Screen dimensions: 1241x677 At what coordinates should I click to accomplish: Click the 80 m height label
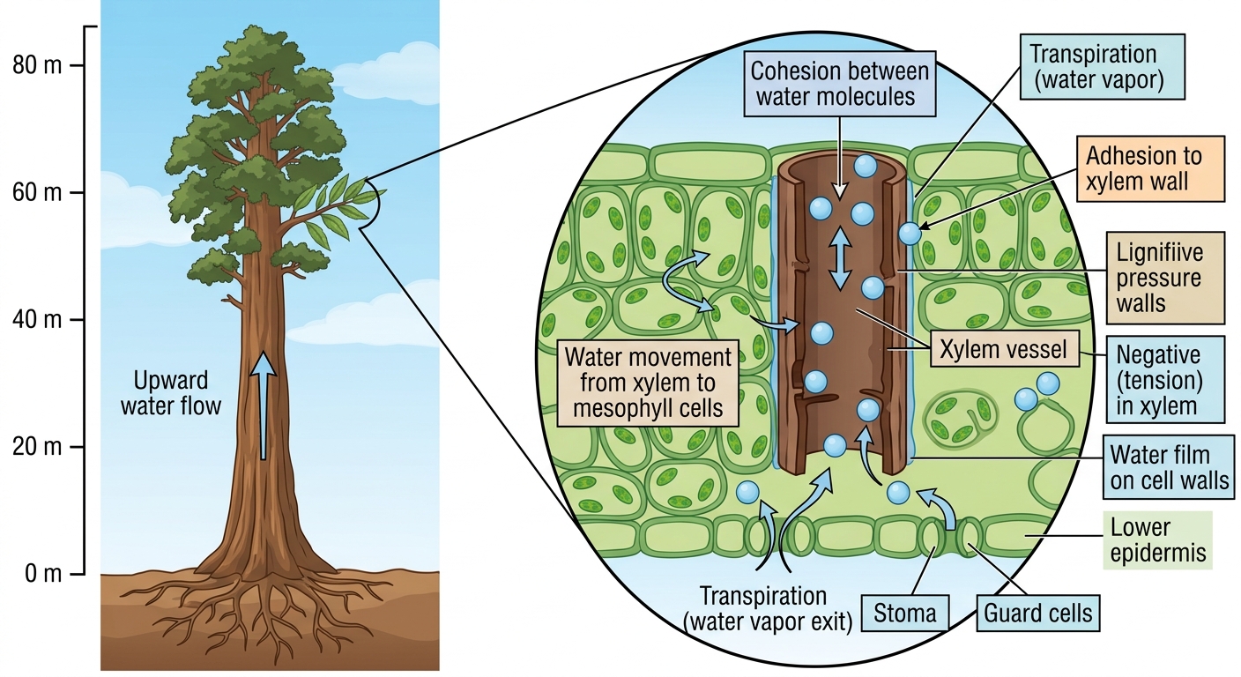point(37,65)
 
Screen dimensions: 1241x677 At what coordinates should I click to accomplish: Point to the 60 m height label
point(37,193)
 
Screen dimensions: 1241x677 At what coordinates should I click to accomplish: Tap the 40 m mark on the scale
point(37,320)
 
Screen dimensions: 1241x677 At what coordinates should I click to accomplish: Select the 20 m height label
point(37,447)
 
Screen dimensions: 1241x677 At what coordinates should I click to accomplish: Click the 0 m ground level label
point(43,574)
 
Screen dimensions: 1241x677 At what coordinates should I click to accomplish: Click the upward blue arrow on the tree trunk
point(264,405)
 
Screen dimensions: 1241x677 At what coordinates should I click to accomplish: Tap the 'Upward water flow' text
point(171,393)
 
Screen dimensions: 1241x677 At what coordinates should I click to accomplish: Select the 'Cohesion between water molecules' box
point(839,85)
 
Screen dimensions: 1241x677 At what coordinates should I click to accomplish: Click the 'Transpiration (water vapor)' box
point(1102,66)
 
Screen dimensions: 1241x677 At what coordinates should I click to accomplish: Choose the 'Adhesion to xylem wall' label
point(1150,168)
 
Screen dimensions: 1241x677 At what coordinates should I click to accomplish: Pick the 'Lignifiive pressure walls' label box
point(1165,278)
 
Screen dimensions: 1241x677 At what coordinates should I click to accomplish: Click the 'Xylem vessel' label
point(1004,350)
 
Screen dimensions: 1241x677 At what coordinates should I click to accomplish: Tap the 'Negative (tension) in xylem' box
point(1165,380)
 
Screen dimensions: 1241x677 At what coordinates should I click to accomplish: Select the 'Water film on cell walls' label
point(1169,467)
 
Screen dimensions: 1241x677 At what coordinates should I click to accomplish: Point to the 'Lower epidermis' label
point(1158,540)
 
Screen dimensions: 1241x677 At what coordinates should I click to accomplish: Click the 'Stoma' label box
point(905,614)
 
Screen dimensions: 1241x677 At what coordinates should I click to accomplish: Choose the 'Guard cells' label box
point(1037,614)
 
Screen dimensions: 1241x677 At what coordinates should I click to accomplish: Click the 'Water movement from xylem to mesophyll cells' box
point(648,383)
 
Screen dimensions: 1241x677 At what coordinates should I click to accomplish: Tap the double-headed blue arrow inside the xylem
point(841,258)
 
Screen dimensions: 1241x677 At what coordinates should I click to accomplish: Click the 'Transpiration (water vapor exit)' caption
point(768,609)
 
